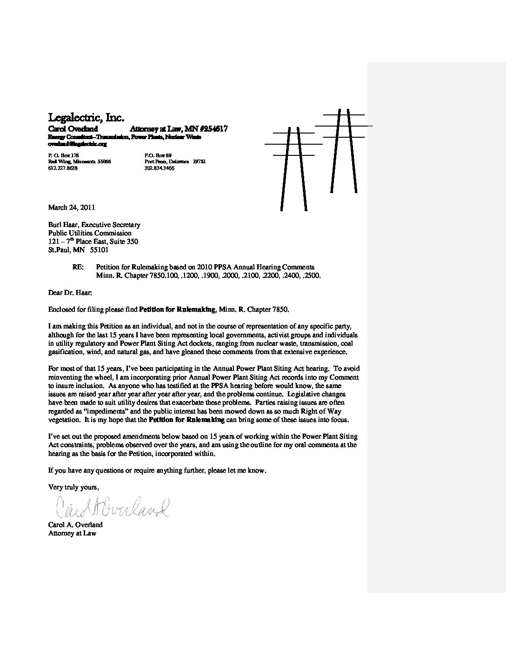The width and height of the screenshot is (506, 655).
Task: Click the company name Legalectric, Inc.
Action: [86, 117]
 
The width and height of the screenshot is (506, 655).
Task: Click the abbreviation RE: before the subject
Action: [78, 267]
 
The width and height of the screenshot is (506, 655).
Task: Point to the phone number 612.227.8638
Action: [63, 168]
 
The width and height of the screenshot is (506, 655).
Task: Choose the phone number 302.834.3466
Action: [160, 168]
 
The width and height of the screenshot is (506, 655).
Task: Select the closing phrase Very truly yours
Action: [73, 487]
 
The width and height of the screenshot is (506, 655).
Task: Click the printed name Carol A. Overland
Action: [75, 525]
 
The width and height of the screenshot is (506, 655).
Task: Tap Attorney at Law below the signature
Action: [72, 533]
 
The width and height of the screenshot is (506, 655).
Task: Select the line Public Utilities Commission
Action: [90, 233]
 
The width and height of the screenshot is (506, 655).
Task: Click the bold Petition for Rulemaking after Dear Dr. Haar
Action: [177, 309]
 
